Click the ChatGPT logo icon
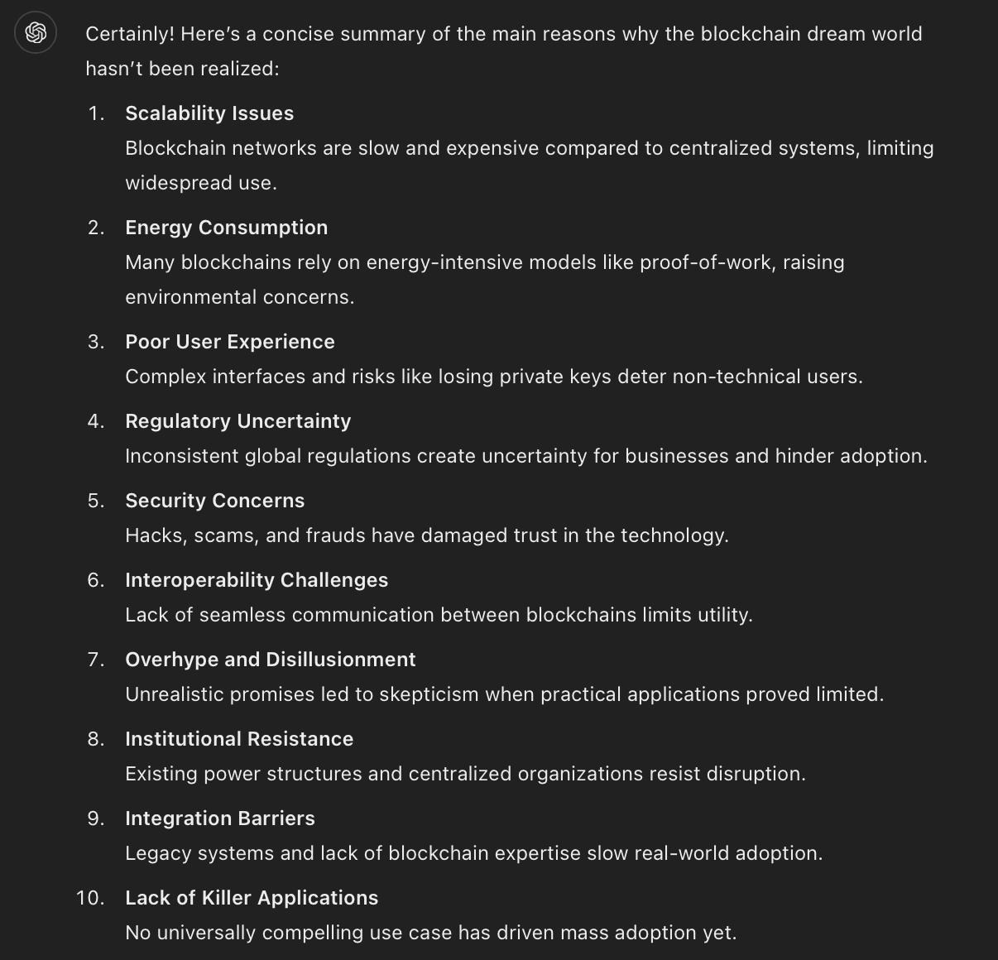pos(36,33)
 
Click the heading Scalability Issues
pos(209,113)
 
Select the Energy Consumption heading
pos(226,228)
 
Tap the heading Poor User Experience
pos(230,342)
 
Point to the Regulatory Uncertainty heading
pos(238,421)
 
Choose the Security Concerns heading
pos(215,501)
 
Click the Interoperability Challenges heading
pos(257,580)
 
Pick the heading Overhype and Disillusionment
pos(271,660)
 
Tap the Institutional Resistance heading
pos(239,739)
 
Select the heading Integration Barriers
pos(220,818)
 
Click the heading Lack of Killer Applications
pos(252,898)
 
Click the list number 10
pos(90,898)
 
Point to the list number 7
pos(96,660)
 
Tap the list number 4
pos(96,421)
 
